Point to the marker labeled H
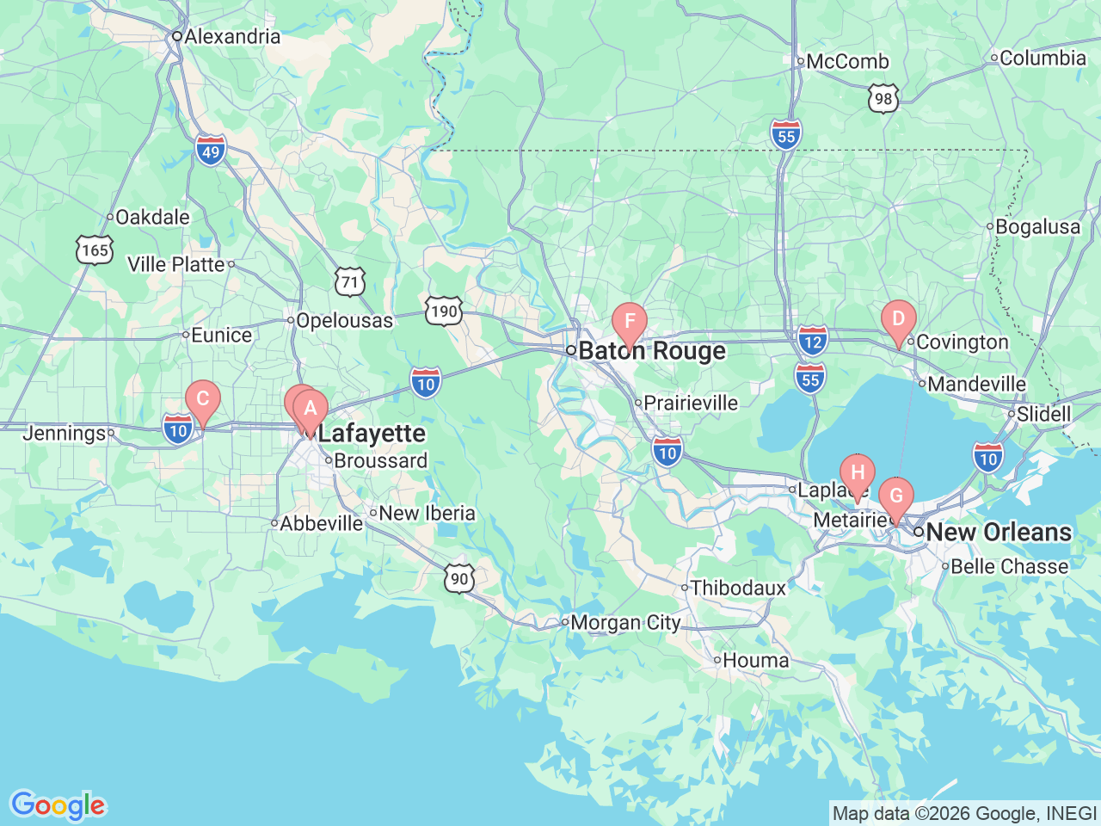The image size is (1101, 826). [857, 473]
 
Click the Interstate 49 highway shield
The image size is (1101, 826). [211, 151]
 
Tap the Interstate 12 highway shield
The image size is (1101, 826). [812, 341]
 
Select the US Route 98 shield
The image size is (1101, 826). [883, 99]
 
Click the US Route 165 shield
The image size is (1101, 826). [95, 250]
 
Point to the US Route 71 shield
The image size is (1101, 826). [349, 282]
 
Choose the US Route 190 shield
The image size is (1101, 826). [443, 311]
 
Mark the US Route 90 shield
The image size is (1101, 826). [460, 578]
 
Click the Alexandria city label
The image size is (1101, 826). [231, 36]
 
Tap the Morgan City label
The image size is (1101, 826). [625, 622]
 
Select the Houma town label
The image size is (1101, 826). [755, 660]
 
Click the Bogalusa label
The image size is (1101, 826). [1037, 227]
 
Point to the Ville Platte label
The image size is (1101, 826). [176, 264]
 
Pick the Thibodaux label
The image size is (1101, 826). [738, 588]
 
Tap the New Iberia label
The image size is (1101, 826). [427, 513]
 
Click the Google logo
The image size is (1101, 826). [58, 806]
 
